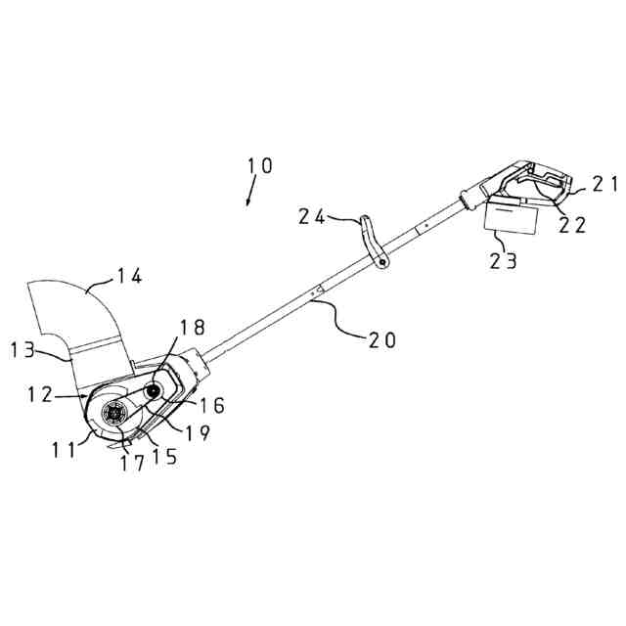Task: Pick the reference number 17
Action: click(x=132, y=464)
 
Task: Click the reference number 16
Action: click(x=211, y=402)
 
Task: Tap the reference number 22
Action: click(x=573, y=224)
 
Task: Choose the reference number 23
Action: click(x=506, y=260)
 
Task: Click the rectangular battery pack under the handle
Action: click(x=513, y=217)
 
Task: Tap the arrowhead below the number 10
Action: click(x=248, y=201)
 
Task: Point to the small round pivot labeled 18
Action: click(x=155, y=391)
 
